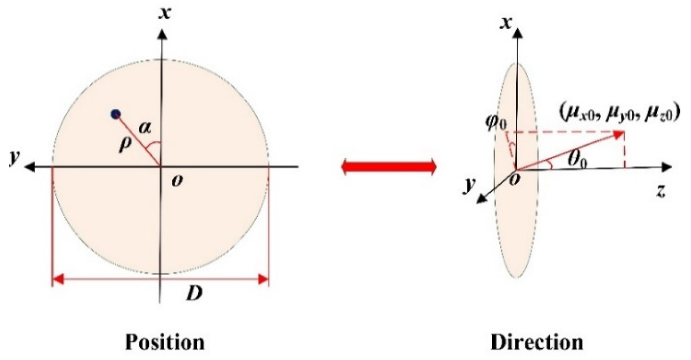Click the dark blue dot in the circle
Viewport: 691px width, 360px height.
115,114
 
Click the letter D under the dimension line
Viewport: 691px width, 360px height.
195,294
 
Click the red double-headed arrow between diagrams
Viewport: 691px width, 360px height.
389,167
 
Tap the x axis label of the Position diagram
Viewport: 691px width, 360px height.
165,13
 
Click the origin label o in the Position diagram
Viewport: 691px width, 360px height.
177,181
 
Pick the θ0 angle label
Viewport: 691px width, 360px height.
577,159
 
